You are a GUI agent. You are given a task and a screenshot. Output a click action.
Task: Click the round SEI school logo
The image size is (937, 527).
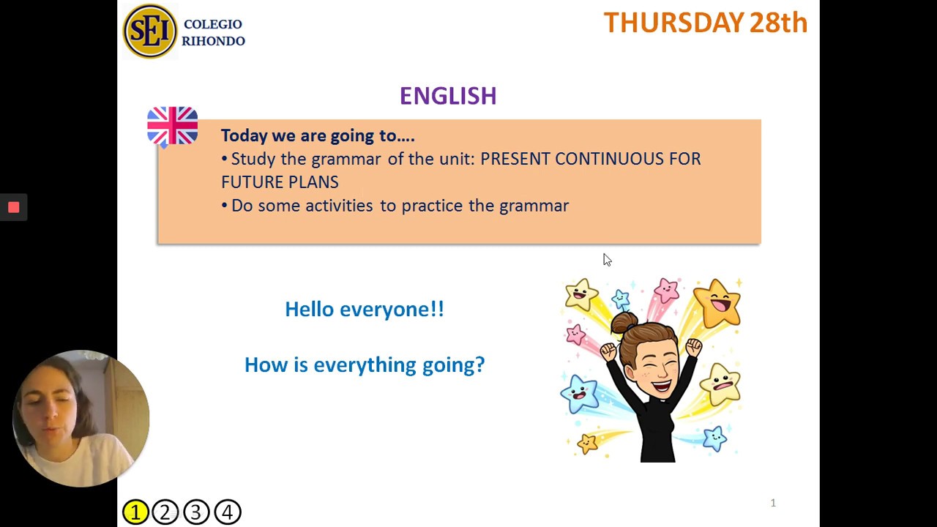tap(150, 31)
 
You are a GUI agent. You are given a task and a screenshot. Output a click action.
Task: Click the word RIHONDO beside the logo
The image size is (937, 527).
tap(213, 41)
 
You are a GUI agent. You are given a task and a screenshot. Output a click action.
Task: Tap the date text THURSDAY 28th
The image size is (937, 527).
tap(705, 23)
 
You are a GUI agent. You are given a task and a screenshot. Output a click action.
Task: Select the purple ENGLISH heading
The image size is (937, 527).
tap(448, 96)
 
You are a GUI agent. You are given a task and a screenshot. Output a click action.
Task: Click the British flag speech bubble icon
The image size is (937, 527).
tap(173, 126)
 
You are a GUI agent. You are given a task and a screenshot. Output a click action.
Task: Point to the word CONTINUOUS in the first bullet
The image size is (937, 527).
tap(608, 159)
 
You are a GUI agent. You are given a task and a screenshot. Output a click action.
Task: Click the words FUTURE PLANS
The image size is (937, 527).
tap(280, 182)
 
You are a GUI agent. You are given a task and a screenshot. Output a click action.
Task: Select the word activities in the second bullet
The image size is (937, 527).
tap(339, 206)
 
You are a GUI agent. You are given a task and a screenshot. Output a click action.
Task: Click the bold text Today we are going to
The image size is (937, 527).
tap(317, 135)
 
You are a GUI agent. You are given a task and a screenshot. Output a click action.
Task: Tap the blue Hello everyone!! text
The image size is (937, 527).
tap(365, 309)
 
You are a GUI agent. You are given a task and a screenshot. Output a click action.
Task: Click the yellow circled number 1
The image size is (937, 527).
tap(135, 512)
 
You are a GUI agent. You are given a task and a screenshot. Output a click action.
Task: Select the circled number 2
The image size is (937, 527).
tap(165, 512)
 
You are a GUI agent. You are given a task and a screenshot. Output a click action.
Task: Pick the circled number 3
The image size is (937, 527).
tap(196, 512)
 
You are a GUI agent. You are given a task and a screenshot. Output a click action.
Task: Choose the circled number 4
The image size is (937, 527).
tap(227, 512)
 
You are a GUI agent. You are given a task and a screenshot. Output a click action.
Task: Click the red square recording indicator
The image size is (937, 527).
tap(13, 208)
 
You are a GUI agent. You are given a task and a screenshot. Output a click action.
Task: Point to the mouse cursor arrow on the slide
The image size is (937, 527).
tap(607, 260)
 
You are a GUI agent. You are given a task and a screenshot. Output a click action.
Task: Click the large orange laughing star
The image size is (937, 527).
tap(717, 302)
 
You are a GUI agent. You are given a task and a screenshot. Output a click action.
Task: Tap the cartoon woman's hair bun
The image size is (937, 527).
tap(624, 322)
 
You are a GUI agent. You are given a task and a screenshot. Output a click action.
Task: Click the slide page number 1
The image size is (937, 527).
tap(773, 503)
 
